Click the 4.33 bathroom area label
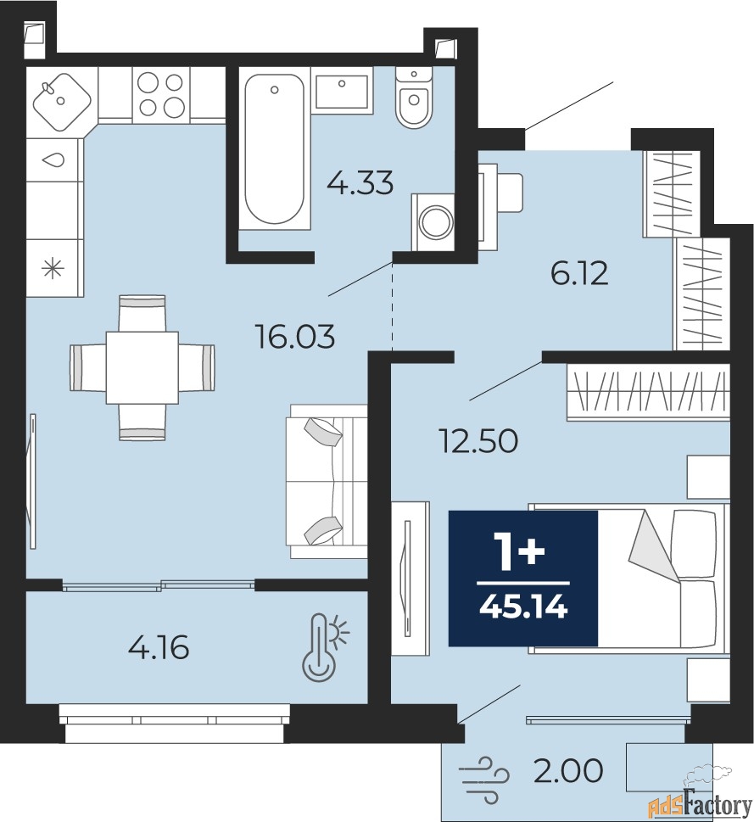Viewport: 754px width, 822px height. [360, 183]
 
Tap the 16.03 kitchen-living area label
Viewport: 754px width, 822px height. [294, 336]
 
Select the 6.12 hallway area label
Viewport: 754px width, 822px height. [579, 273]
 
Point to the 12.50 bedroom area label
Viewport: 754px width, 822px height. [479, 441]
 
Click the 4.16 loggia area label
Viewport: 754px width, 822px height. [159, 648]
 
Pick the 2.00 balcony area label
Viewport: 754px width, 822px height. [567, 770]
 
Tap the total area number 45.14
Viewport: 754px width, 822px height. [523, 608]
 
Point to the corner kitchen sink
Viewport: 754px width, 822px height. [62, 101]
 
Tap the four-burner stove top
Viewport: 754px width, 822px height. [161, 95]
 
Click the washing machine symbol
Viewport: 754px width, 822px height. [433, 222]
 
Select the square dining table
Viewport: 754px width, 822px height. [142, 367]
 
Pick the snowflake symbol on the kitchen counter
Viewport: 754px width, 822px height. [53, 270]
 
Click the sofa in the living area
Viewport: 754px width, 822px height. [327, 481]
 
